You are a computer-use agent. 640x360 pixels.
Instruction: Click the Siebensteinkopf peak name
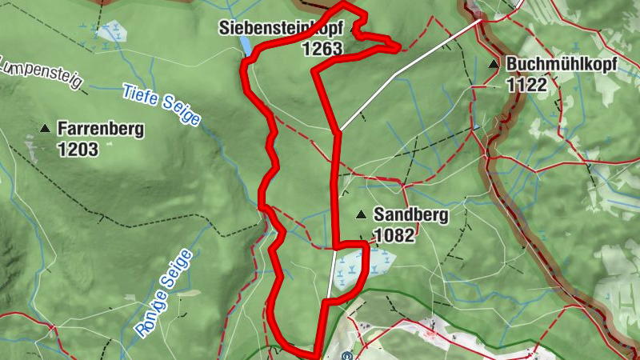pyautogui.click(x=281, y=29)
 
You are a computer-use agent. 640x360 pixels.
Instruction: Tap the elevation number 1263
pyautogui.click(x=322, y=49)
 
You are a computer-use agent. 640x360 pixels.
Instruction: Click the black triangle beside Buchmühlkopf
pyautogui.click(x=493, y=65)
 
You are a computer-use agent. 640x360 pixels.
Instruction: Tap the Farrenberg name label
pyautogui.click(x=101, y=130)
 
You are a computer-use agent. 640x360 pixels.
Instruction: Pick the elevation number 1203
pyautogui.click(x=78, y=149)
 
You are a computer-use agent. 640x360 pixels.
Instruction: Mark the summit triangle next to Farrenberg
pyautogui.click(x=46, y=128)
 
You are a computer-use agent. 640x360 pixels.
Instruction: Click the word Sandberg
pyautogui.click(x=410, y=215)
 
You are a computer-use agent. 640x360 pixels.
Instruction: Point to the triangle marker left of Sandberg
pyautogui.click(x=362, y=214)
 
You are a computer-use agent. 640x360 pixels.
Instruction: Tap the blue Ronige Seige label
pyautogui.click(x=162, y=291)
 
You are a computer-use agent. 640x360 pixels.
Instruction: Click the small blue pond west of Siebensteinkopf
pyautogui.click(x=247, y=47)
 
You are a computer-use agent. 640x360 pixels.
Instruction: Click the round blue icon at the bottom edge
pyautogui.click(x=346, y=356)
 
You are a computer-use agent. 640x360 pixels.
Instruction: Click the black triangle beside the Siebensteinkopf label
pyautogui.click(x=353, y=29)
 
